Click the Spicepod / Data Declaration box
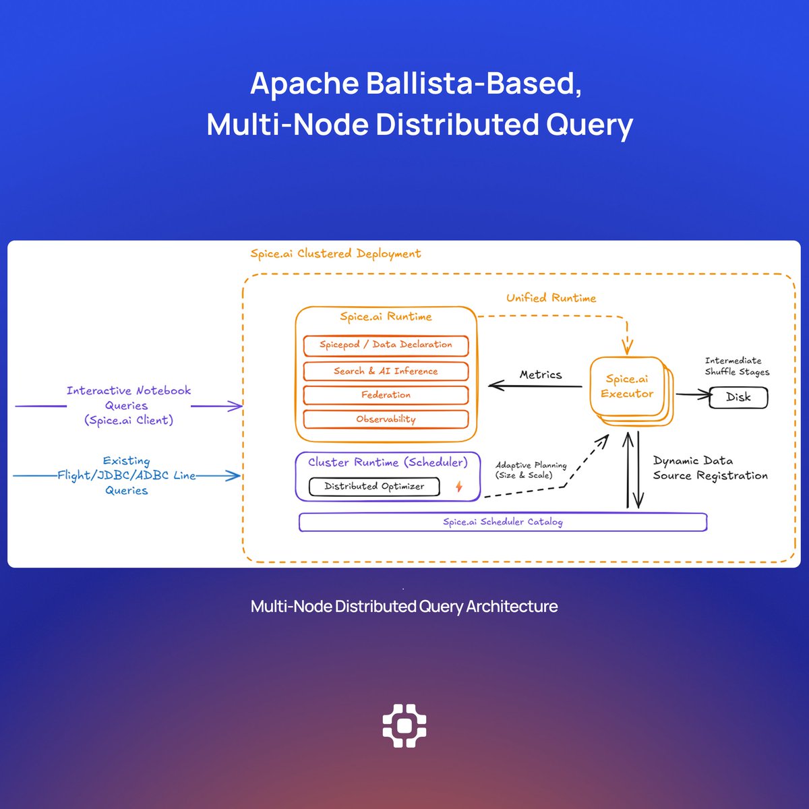[386, 345]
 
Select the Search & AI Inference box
[386, 371]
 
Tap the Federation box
[386, 395]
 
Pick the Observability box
[386, 419]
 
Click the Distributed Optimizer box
[374, 486]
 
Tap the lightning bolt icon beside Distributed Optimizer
[459, 486]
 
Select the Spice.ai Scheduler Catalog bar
[503, 522]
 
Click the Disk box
[738, 397]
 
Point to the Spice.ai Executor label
[627, 386]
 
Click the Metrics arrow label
[541, 375]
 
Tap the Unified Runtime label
[551, 298]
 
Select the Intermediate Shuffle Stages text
[736, 366]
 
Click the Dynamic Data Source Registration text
[709, 468]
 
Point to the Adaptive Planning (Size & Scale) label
[531, 470]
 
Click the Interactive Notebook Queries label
[128, 405]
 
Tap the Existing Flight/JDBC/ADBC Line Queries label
[126, 475]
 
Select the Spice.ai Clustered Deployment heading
[335, 254]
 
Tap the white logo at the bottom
[404, 725]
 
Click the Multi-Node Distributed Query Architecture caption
[404, 606]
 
